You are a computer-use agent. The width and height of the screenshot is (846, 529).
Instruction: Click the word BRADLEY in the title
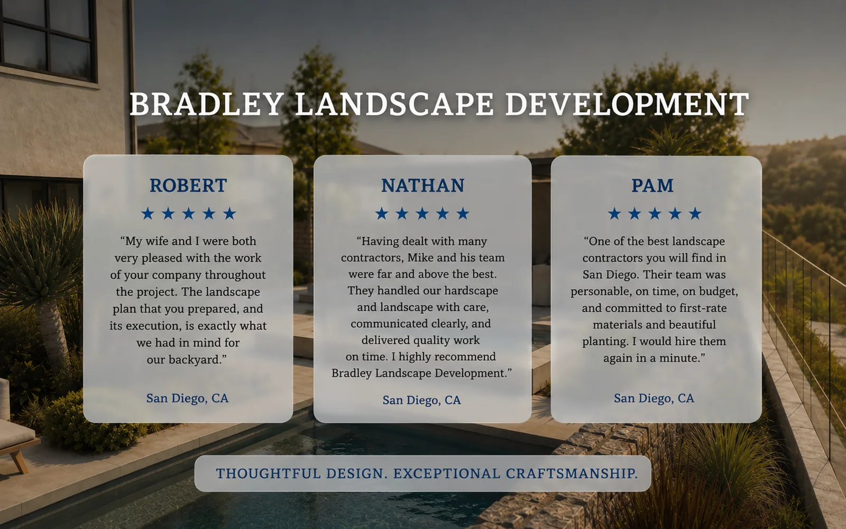point(207,104)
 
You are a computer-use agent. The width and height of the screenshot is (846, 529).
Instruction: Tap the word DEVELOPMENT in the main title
point(627,104)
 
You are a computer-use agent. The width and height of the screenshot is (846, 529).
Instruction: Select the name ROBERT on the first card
point(188,186)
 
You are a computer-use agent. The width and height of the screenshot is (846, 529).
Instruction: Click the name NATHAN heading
point(422,186)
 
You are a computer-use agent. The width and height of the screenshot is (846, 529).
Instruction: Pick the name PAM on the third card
point(652,186)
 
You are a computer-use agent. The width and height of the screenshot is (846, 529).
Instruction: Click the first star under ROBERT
point(148,214)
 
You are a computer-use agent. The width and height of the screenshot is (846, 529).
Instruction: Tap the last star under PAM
point(695,214)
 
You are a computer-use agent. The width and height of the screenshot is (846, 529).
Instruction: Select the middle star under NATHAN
point(422,214)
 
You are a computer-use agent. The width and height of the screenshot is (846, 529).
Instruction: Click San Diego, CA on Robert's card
point(187,398)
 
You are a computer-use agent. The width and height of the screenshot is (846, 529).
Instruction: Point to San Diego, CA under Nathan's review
point(422,400)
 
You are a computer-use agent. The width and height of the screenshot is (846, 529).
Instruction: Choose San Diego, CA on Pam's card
point(654,398)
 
